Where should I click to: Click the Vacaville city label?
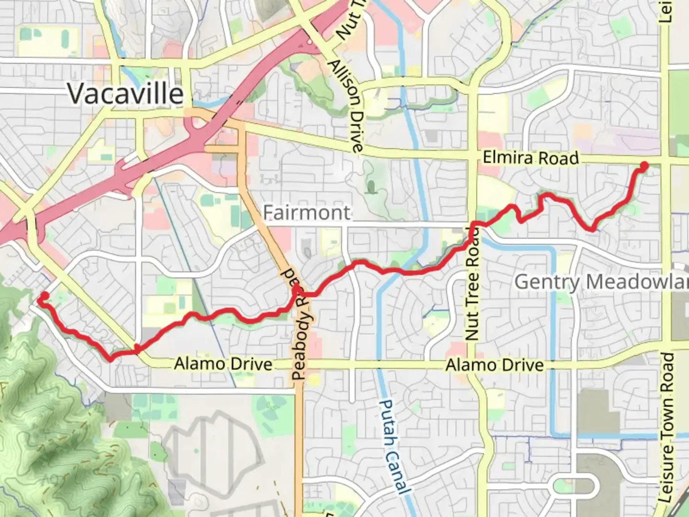point(125,93)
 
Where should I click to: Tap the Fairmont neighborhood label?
point(307,213)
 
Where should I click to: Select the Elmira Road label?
point(530,157)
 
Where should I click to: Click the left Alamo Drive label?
point(223,364)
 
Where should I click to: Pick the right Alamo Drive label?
point(495,365)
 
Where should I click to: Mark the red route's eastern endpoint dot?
point(644,166)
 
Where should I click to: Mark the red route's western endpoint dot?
point(44,296)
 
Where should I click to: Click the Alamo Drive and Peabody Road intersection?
point(300,367)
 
